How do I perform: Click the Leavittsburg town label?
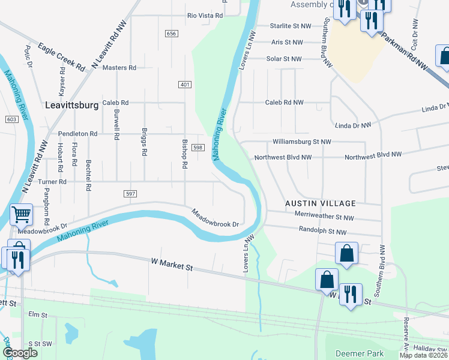click(72, 105)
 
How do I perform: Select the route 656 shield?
click(172, 34)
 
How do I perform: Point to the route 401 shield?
click(184, 85)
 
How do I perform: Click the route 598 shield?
click(199, 148)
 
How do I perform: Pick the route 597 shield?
click(131, 193)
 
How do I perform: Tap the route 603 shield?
click(11, 119)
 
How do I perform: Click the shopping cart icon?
click(21, 214)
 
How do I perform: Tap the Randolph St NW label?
click(322, 231)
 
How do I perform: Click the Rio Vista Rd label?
click(205, 16)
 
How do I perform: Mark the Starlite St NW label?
click(291, 26)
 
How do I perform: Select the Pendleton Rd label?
click(77, 134)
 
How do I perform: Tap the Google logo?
click(20, 353)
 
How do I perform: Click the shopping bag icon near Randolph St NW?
click(347, 253)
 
